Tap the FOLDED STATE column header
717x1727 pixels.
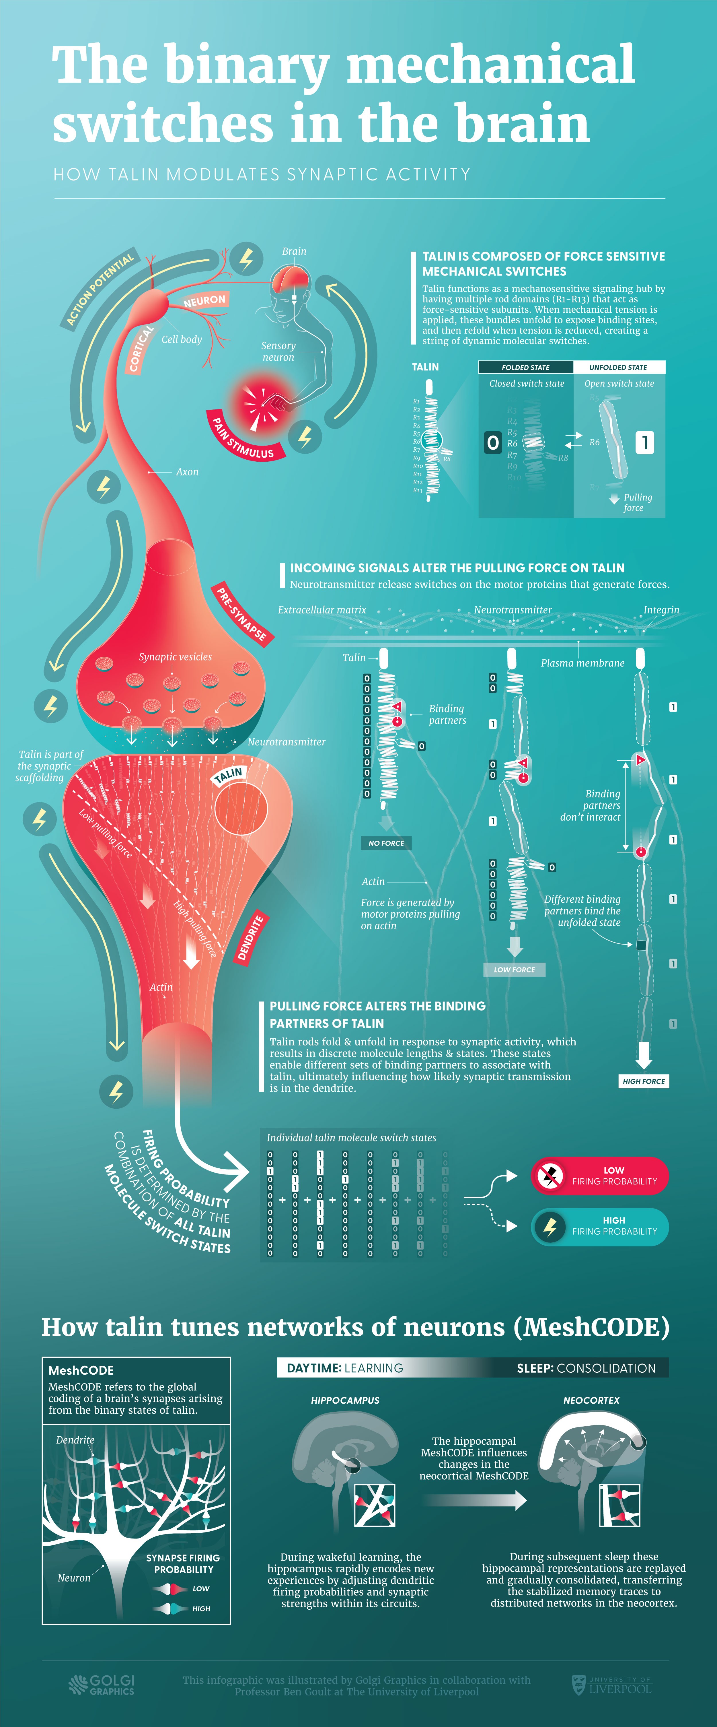point(525,367)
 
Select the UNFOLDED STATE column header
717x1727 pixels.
point(618,367)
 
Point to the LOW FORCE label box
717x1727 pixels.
point(514,970)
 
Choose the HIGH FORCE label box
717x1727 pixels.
point(643,1081)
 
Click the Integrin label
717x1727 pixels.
point(661,610)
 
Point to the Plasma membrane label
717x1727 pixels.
point(582,663)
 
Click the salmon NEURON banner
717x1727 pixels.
point(204,300)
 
